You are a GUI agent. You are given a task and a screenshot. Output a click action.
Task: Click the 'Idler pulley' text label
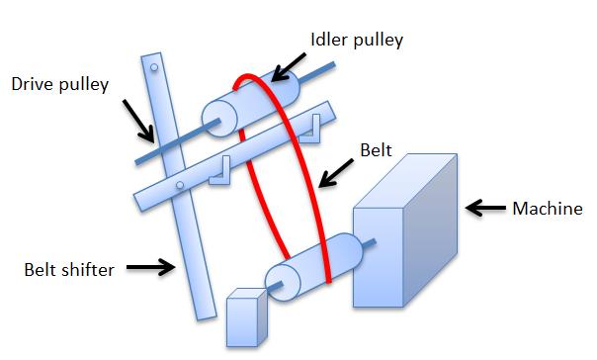click(x=357, y=40)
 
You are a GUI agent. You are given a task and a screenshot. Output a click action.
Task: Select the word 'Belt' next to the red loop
click(x=375, y=152)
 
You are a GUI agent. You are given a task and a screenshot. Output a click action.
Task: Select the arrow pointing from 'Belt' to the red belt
click(x=336, y=173)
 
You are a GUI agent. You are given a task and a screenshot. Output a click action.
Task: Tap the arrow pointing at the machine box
click(x=483, y=208)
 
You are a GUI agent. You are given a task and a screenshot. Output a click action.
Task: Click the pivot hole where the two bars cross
click(x=178, y=184)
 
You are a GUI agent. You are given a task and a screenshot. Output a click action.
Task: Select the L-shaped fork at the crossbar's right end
click(x=315, y=126)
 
